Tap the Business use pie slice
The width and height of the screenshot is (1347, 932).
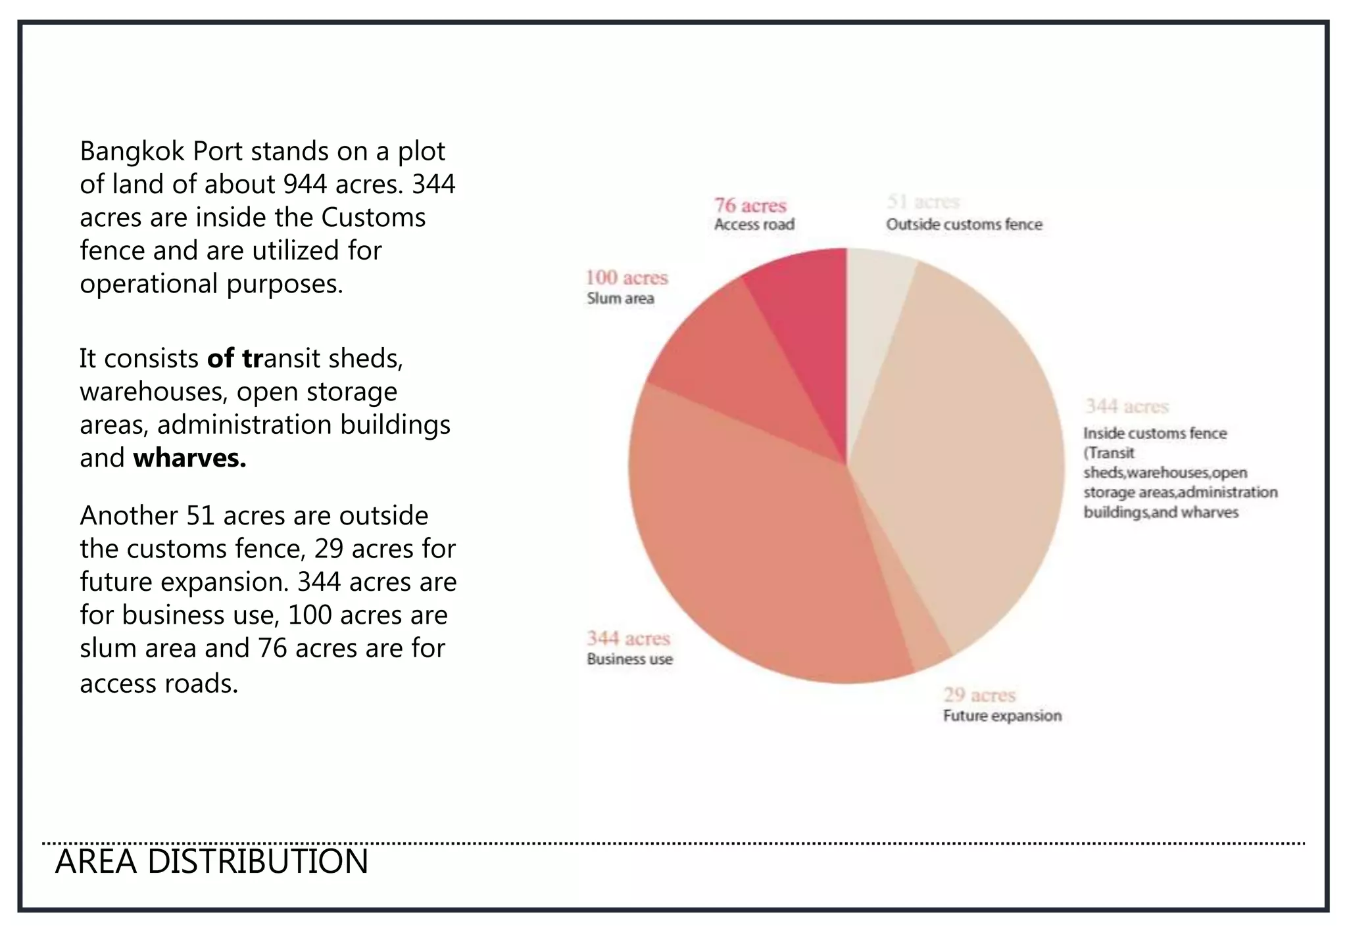756,559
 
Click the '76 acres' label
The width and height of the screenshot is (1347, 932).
750,206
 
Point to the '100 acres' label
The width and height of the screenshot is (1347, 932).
626,278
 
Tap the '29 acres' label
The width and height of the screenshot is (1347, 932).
979,695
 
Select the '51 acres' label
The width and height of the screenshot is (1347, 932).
923,202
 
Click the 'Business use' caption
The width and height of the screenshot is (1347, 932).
629,659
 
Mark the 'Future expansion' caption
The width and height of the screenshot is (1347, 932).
1002,716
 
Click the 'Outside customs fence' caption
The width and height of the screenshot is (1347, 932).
964,225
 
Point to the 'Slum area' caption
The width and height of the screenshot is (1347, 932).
620,298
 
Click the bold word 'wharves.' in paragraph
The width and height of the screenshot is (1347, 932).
189,458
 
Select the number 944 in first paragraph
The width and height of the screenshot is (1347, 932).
305,185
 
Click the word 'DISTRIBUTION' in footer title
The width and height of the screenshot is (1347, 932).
257,862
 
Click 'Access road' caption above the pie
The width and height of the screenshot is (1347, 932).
754,225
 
